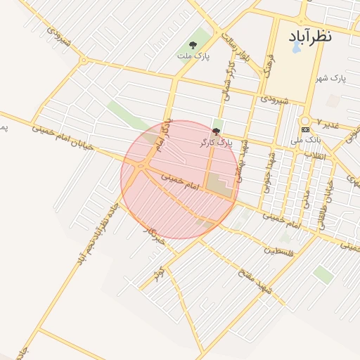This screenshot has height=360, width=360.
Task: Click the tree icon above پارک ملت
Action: (x=193, y=44)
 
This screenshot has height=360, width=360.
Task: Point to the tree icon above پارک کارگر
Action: (x=216, y=131)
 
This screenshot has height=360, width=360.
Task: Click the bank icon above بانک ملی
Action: (x=305, y=130)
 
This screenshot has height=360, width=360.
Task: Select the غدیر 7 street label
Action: (x=328, y=123)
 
